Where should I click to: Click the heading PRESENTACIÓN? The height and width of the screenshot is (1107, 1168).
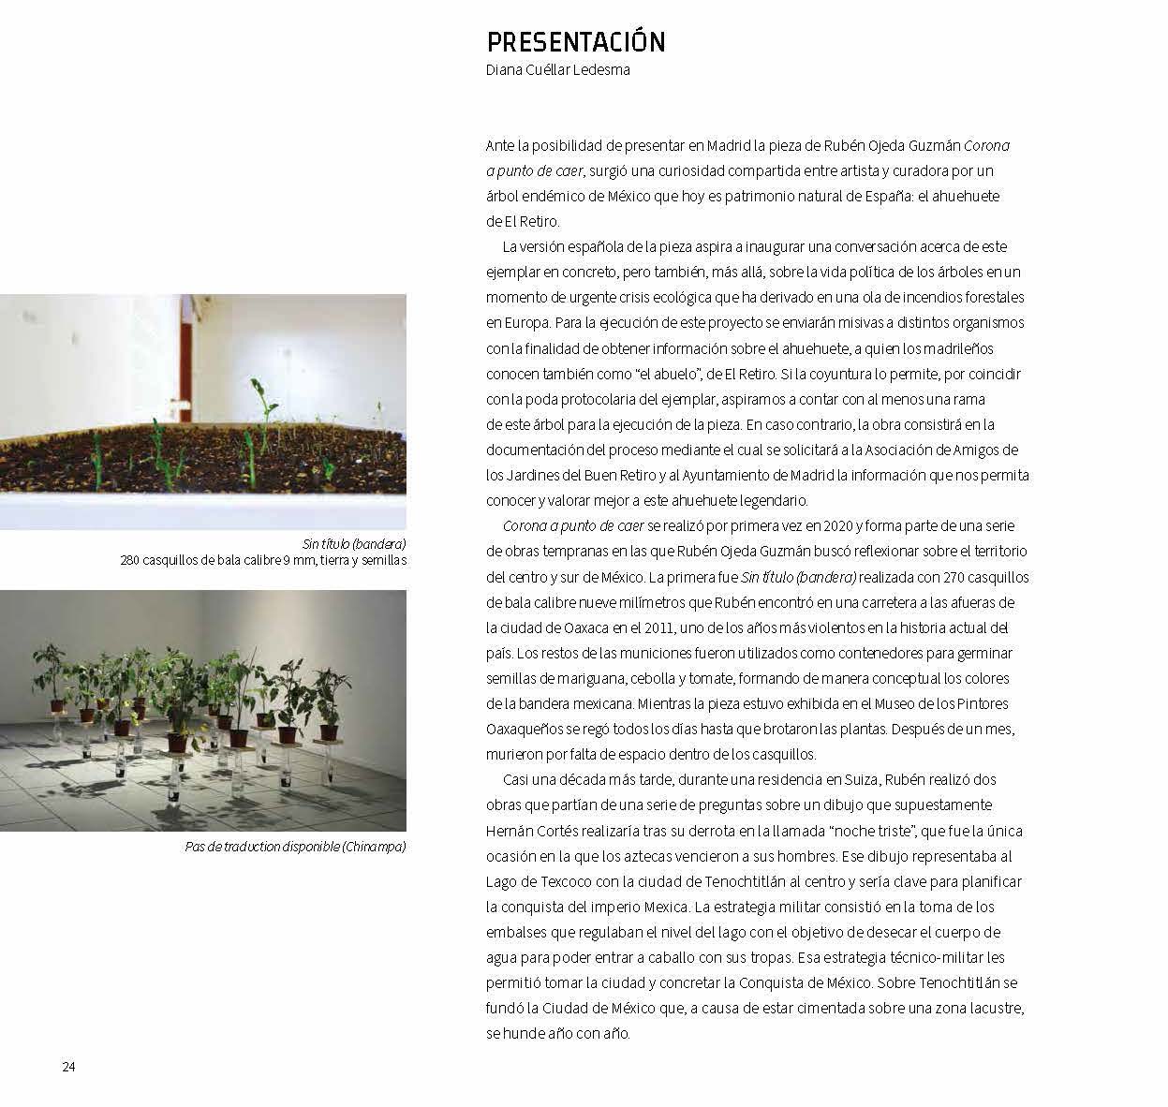point(575,42)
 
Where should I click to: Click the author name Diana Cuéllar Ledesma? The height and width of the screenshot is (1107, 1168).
point(557,69)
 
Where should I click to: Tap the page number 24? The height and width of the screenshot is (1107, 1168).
point(68,1067)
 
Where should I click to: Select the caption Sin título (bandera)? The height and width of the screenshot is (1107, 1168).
point(354,544)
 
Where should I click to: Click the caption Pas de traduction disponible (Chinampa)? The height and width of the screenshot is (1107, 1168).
point(295,847)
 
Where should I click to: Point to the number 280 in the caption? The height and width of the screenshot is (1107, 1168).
point(130,561)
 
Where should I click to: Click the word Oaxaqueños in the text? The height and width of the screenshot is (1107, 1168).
point(525,729)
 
